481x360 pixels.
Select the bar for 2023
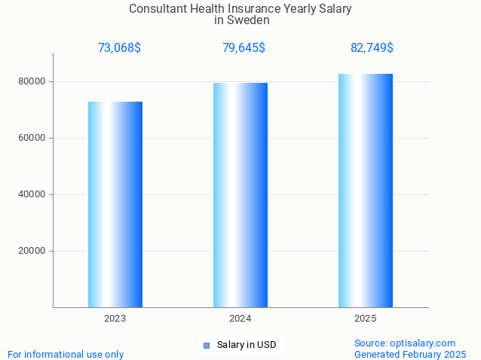[115, 204]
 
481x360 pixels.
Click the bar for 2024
[240, 195]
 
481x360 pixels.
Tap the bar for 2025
[366, 191]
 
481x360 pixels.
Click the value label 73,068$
[119, 48]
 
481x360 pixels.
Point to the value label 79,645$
[244, 48]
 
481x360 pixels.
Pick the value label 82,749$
[372, 48]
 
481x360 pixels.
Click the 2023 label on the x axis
[115, 319]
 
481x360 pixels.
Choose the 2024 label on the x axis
[240, 319]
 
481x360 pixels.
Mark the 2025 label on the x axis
[366, 319]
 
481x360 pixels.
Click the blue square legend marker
[206, 346]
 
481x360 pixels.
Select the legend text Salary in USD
[247, 345]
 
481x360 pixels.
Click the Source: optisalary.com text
[405, 343]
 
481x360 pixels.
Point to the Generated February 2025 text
[410, 354]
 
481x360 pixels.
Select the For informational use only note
[66, 354]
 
